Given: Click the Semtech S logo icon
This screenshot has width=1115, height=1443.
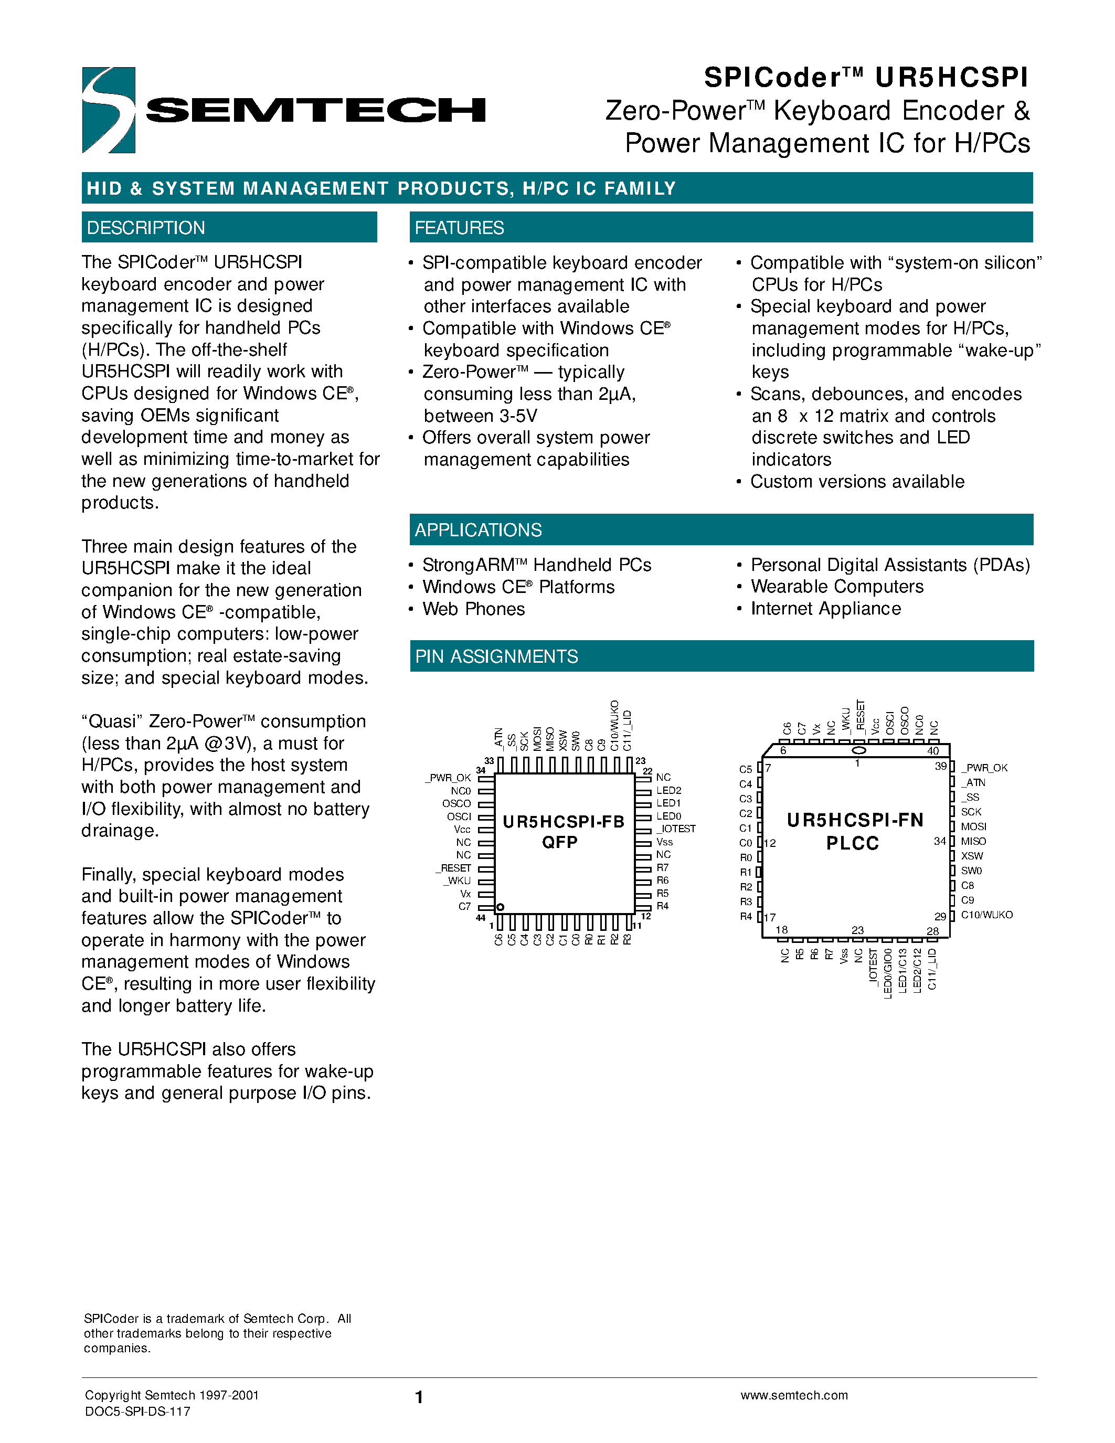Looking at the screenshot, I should tap(108, 110).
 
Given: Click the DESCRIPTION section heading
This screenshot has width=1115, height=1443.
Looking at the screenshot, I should tap(146, 228).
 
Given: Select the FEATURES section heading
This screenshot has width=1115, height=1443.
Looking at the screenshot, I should tap(459, 228).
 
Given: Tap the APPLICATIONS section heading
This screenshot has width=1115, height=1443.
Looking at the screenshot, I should tap(478, 530).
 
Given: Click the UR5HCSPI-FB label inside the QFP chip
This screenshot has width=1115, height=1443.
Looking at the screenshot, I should tap(563, 821).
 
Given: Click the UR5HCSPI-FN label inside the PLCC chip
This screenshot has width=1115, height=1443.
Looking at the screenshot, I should tap(855, 820).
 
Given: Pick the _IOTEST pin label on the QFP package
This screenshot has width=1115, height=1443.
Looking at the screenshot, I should tap(676, 829).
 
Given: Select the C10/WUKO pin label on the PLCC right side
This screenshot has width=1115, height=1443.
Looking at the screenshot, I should tap(986, 915).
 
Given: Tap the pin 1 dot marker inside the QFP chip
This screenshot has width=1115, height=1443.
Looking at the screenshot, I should tap(500, 907).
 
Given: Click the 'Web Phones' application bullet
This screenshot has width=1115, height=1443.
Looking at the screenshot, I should tap(474, 609).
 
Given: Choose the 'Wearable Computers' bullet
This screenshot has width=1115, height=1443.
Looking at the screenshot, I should tap(837, 587).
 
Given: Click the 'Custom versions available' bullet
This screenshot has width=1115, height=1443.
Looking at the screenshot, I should tap(857, 482).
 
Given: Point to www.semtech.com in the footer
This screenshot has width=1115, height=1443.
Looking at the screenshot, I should tap(794, 1395).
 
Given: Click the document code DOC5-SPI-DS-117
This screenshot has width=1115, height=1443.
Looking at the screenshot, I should tap(137, 1412).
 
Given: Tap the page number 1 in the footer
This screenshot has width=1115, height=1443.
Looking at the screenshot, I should tap(419, 1397).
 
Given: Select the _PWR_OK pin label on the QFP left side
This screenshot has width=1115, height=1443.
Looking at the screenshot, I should tap(449, 778).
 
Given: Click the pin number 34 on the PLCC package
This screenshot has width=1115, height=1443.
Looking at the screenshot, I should tap(939, 841).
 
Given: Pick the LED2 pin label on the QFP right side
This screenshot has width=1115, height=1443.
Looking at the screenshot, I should tap(668, 790).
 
